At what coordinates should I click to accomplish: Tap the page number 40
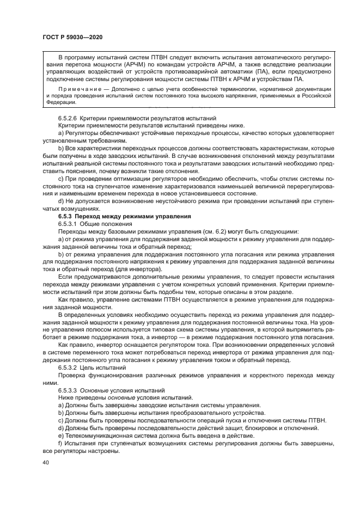click(45, 462)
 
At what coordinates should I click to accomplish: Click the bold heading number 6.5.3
click(68, 217)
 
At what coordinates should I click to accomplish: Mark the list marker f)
click(60, 443)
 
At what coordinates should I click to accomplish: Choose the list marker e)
click(60, 436)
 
